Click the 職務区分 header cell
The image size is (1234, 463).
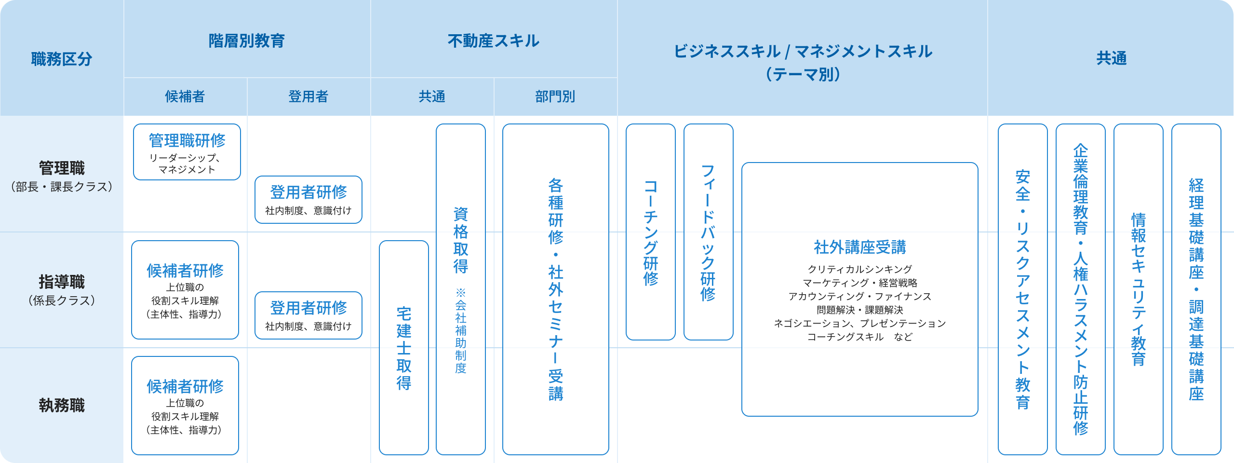click(62, 59)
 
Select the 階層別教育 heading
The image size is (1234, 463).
click(247, 41)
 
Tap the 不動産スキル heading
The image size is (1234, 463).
click(494, 41)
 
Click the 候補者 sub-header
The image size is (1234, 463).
click(185, 96)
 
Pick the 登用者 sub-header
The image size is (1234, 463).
click(308, 96)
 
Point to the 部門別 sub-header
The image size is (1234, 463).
click(555, 96)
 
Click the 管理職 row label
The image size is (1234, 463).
click(62, 168)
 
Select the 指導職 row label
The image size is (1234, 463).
click(62, 282)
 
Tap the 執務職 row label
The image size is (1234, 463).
click(62, 405)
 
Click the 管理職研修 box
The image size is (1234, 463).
click(187, 151)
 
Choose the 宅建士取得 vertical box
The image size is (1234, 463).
click(404, 347)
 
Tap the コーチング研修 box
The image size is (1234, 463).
click(651, 231)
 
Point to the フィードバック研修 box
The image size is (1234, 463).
click(709, 231)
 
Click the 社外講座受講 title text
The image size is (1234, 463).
click(860, 247)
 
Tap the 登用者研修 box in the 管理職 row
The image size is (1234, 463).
click(308, 199)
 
